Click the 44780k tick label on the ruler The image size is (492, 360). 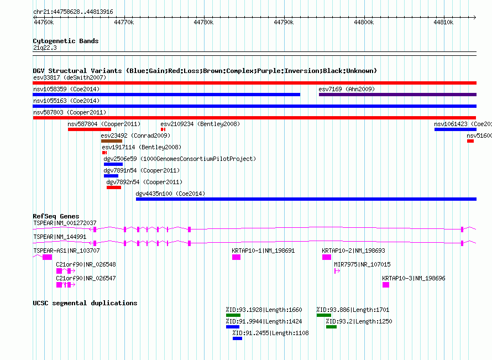coord(203,22)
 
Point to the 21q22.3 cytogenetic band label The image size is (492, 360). coord(45,48)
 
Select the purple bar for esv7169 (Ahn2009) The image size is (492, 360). coord(397,95)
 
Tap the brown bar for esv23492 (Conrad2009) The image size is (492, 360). coord(112,141)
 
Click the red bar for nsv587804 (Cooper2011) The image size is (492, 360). coord(90,129)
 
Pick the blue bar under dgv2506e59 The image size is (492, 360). coord(113,164)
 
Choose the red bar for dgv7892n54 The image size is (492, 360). coord(114,187)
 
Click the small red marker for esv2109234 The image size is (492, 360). coord(163,129)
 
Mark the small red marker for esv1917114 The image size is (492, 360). coord(104,153)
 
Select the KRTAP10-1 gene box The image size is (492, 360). coord(236,257)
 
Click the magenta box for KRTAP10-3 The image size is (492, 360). coord(386,285)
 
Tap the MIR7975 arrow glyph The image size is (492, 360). coord(337,271)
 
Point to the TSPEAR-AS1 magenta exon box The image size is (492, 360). coord(48,257)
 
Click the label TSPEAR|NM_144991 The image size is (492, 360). coord(60,237)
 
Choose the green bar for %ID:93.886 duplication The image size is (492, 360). coord(324,315)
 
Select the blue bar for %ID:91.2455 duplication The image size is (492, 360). coord(237,338)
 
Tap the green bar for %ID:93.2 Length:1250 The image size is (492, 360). coord(331,327)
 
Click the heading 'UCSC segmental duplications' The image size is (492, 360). coord(85,303)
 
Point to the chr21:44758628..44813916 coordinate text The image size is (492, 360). coord(73,12)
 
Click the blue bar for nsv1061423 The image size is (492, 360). coord(456,129)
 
